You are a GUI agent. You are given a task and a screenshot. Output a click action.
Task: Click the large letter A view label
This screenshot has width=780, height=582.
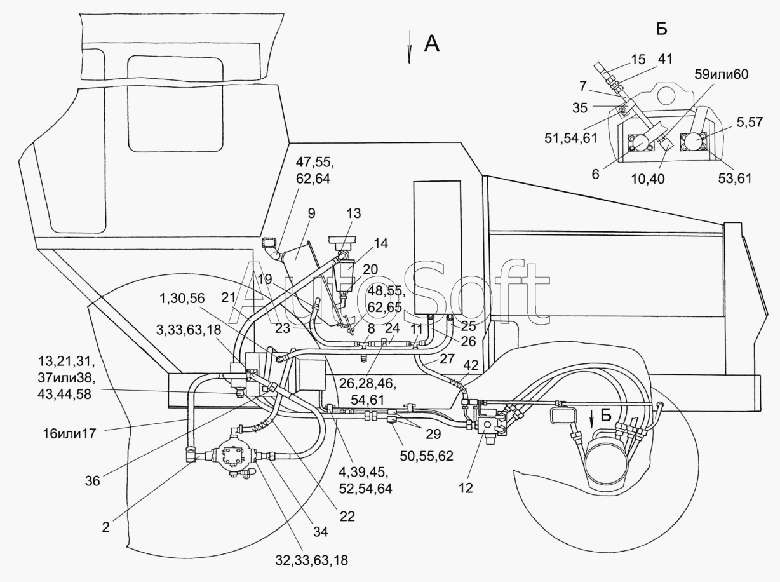[x=432, y=44]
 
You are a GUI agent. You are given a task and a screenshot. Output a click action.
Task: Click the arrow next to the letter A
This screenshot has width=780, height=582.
[x=409, y=47]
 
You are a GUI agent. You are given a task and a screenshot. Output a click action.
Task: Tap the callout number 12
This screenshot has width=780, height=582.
[x=466, y=488]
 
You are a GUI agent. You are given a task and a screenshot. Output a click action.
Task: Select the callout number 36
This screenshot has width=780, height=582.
[x=92, y=481]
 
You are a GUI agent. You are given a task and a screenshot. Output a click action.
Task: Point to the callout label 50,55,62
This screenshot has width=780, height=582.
[x=426, y=456]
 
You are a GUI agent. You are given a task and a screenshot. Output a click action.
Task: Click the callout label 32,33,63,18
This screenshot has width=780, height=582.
[x=312, y=560]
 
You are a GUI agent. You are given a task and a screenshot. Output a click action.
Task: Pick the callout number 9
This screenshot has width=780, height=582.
[x=312, y=213]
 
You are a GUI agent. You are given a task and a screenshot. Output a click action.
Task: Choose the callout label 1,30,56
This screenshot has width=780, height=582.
[x=182, y=299]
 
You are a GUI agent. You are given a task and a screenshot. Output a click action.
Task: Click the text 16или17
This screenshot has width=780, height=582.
[x=70, y=433]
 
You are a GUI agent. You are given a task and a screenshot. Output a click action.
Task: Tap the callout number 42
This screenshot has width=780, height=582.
[x=471, y=365]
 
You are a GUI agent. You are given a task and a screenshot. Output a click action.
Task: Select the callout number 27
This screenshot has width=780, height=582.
[x=447, y=359]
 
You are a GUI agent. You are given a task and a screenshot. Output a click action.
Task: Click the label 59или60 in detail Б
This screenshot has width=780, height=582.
[x=721, y=74]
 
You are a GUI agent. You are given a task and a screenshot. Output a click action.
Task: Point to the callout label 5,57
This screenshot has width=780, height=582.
[x=750, y=122]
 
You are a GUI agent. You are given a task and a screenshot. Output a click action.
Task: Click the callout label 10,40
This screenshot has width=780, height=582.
[x=648, y=179]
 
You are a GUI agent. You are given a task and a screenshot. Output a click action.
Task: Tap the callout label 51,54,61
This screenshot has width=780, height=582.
[x=570, y=138]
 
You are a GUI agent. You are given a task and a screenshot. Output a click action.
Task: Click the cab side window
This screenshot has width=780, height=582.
[x=176, y=104]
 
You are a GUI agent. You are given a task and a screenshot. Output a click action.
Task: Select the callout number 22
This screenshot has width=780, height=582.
[x=347, y=517]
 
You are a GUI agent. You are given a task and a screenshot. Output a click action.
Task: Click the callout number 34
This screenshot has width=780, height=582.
[x=320, y=532]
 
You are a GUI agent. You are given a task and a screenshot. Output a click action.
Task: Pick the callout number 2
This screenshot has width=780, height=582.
[x=105, y=527]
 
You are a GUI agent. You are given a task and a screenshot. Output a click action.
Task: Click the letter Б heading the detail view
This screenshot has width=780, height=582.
[x=662, y=29]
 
